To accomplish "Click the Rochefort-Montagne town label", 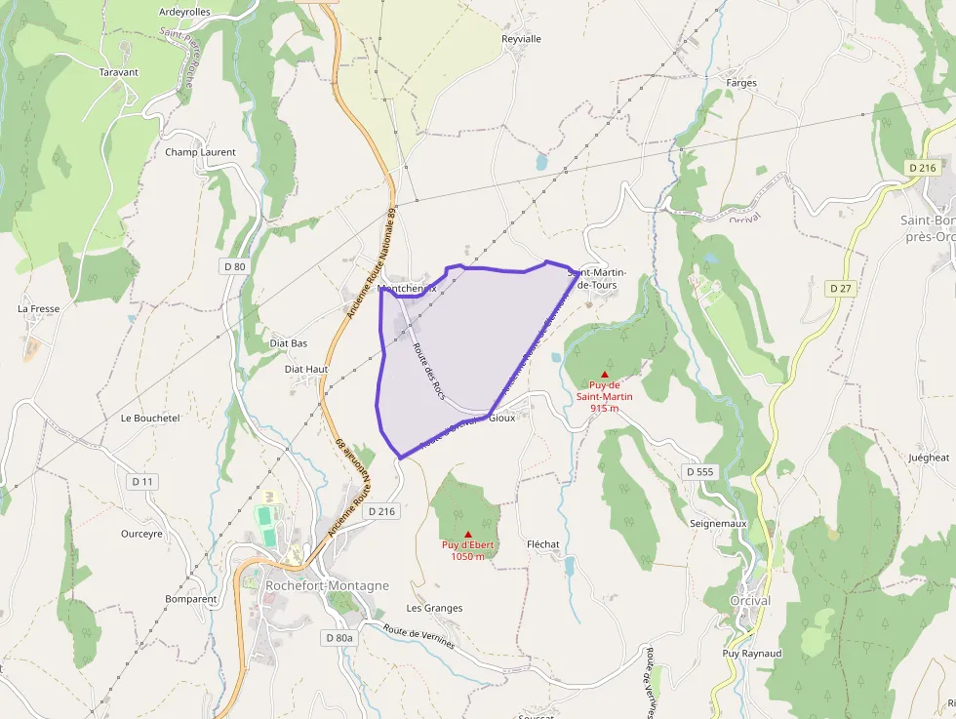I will coord(327,585).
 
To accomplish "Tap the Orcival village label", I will coord(750,601).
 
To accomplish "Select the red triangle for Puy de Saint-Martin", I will coord(605,375).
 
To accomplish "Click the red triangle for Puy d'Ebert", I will coord(468,534).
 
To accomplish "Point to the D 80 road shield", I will coord(234,265).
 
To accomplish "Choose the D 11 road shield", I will coord(142,481).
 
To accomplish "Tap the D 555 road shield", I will coord(699,471).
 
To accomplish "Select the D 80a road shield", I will coord(339,637).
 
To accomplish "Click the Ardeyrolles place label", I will coord(184,13).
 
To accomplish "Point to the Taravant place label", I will coord(119,72).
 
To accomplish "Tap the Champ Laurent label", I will coord(200,152).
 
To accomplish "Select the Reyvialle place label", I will coord(521,39).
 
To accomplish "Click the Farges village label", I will coord(741,83).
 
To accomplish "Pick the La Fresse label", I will coord(39,308).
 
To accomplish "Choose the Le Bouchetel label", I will coord(150,418).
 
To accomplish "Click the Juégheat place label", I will coord(928,457).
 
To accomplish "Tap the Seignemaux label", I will coord(718,523).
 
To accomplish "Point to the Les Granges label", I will coord(434,608).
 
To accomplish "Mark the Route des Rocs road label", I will coord(428,371).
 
